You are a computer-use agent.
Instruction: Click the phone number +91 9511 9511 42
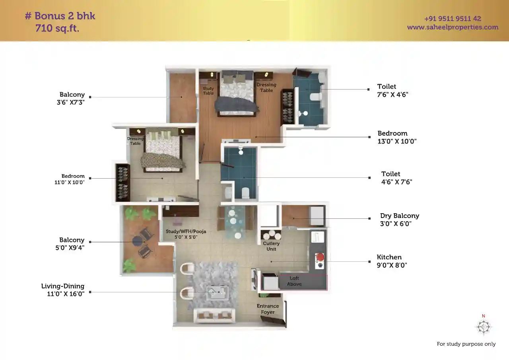coord(453,18)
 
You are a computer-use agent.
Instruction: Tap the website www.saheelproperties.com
coord(453,27)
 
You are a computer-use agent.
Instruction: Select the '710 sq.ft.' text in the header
coord(57,28)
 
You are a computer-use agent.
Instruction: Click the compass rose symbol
coord(484,327)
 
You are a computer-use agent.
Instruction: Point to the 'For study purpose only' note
coord(466,344)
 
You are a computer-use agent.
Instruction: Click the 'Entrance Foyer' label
coord(268,309)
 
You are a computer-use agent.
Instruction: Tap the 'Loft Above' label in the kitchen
coord(294,281)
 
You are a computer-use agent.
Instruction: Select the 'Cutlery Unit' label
coord(271,246)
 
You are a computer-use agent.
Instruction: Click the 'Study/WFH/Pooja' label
coord(186,232)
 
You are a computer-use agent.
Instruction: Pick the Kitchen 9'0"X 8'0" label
coord(392,261)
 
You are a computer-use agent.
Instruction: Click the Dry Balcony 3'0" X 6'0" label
coord(400,220)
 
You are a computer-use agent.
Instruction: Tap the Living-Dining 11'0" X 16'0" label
coord(63,290)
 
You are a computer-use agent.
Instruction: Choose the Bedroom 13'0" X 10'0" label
coord(397,137)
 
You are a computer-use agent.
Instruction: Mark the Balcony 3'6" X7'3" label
coord(71,98)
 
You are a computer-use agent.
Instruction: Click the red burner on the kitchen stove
coord(320,257)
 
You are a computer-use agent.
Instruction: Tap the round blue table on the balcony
coord(138,241)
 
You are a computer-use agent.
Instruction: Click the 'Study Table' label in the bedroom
coord(208,91)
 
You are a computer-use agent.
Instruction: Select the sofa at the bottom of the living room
coord(214,315)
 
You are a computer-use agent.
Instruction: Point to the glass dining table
coord(235,222)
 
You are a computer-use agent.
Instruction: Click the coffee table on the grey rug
coord(218,293)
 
